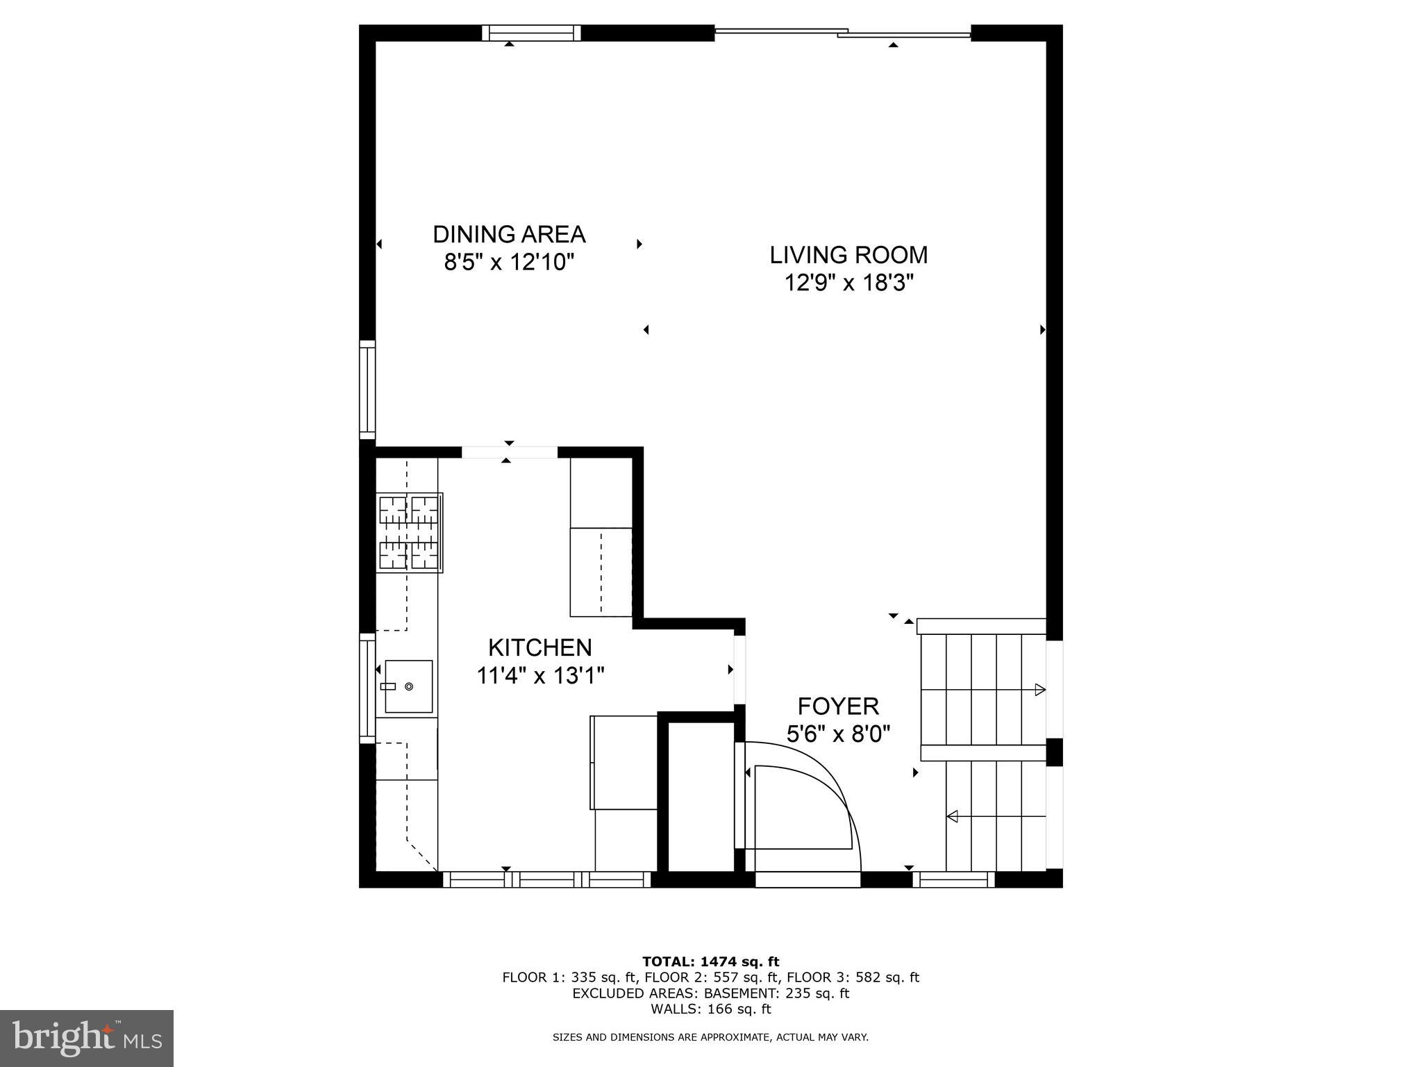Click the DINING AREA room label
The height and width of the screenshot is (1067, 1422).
point(509,234)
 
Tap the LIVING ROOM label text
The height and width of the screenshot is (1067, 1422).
point(848,255)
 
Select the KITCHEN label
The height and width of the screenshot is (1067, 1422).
point(539,647)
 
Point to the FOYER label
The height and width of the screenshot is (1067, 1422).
point(837,706)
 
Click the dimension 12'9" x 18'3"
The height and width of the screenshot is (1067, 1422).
point(848,283)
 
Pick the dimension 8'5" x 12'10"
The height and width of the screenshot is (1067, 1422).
point(509,262)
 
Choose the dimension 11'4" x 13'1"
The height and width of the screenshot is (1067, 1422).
point(539,675)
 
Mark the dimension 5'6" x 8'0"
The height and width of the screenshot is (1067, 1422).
point(837,734)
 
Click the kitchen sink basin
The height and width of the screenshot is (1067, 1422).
point(408,686)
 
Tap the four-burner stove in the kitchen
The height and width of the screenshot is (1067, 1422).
point(408,532)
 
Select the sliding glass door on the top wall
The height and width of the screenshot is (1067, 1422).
point(842,32)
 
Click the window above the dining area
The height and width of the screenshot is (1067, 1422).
point(531,33)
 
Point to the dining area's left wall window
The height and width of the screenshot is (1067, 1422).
point(367,390)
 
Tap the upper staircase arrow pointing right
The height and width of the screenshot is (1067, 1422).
point(1039,689)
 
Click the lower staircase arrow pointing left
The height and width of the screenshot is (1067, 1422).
point(953,816)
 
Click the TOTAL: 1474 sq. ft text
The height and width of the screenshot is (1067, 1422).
point(710,961)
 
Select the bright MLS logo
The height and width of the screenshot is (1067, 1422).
point(87,1037)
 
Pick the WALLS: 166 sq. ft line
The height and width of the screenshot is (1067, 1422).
point(710,1009)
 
